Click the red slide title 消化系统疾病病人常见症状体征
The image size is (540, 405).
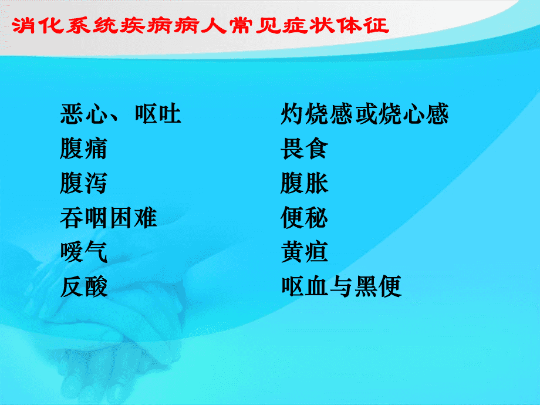click(200, 26)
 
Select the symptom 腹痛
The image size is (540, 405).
click(84, 148)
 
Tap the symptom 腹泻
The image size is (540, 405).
click(84, 183)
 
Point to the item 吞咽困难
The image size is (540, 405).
click(109, 218)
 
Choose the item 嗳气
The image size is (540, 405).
click(84, 252)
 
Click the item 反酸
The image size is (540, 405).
click(84, 286)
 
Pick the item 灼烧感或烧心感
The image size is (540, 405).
click(365, 114)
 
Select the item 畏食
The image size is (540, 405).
click(305, 148)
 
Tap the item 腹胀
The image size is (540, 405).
click(305, 183)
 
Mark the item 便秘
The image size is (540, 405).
click(305, 218)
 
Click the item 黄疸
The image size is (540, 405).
click(305, 252)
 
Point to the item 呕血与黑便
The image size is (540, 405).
click(341, 286)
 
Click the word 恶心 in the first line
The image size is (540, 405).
click(84, 114)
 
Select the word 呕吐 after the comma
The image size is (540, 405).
click(158, 114)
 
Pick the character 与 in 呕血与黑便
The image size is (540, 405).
click(341, 286)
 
